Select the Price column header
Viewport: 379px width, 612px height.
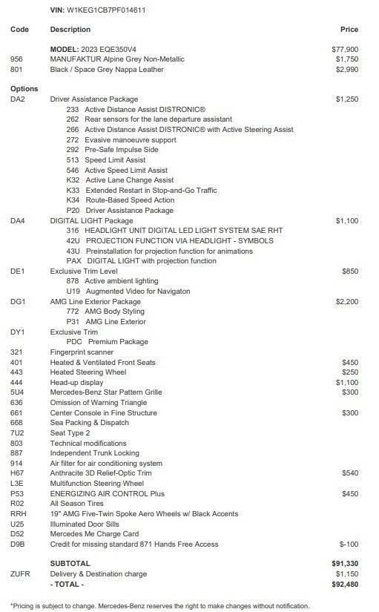[349, 30]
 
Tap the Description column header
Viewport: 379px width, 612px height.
[70, 30]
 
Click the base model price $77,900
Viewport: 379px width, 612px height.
[345, 48]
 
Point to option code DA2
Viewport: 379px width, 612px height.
[19, 99]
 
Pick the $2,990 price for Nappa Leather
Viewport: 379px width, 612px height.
[347, 69]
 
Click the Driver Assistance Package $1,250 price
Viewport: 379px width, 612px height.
[347, 99]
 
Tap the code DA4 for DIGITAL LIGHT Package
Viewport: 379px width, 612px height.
[19, 221]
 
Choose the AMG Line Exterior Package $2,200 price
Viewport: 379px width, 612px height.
[347, 302]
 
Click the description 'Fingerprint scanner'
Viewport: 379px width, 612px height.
[82, 352]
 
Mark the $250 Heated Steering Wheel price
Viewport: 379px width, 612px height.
[350, 372]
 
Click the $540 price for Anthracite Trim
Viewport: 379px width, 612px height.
[350, 473]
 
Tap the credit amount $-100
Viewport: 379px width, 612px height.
[349, 544]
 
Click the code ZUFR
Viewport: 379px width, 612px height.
[21, 574]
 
